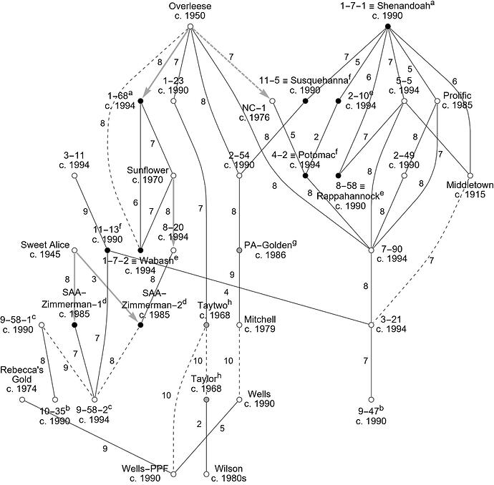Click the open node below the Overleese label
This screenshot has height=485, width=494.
point(190,27)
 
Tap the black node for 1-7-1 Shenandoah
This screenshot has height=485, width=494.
point(387,27)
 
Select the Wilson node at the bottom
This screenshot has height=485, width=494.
point(206,474)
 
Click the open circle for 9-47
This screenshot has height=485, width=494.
point(371,399)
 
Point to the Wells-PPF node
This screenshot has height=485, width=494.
point(173,474)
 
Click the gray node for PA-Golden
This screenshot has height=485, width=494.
point(240,250)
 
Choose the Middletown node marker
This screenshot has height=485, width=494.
point(471,175)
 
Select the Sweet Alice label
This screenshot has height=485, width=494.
point(49,245)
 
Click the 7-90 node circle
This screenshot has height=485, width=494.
point(371,250)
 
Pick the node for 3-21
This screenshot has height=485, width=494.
point(371,325)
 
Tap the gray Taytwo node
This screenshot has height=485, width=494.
point(206,325)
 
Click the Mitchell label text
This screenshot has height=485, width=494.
point(258,319)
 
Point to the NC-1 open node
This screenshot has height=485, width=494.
point(272,101)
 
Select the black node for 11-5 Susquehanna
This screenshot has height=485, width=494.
point(305,101)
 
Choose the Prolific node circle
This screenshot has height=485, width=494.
point(437,101)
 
